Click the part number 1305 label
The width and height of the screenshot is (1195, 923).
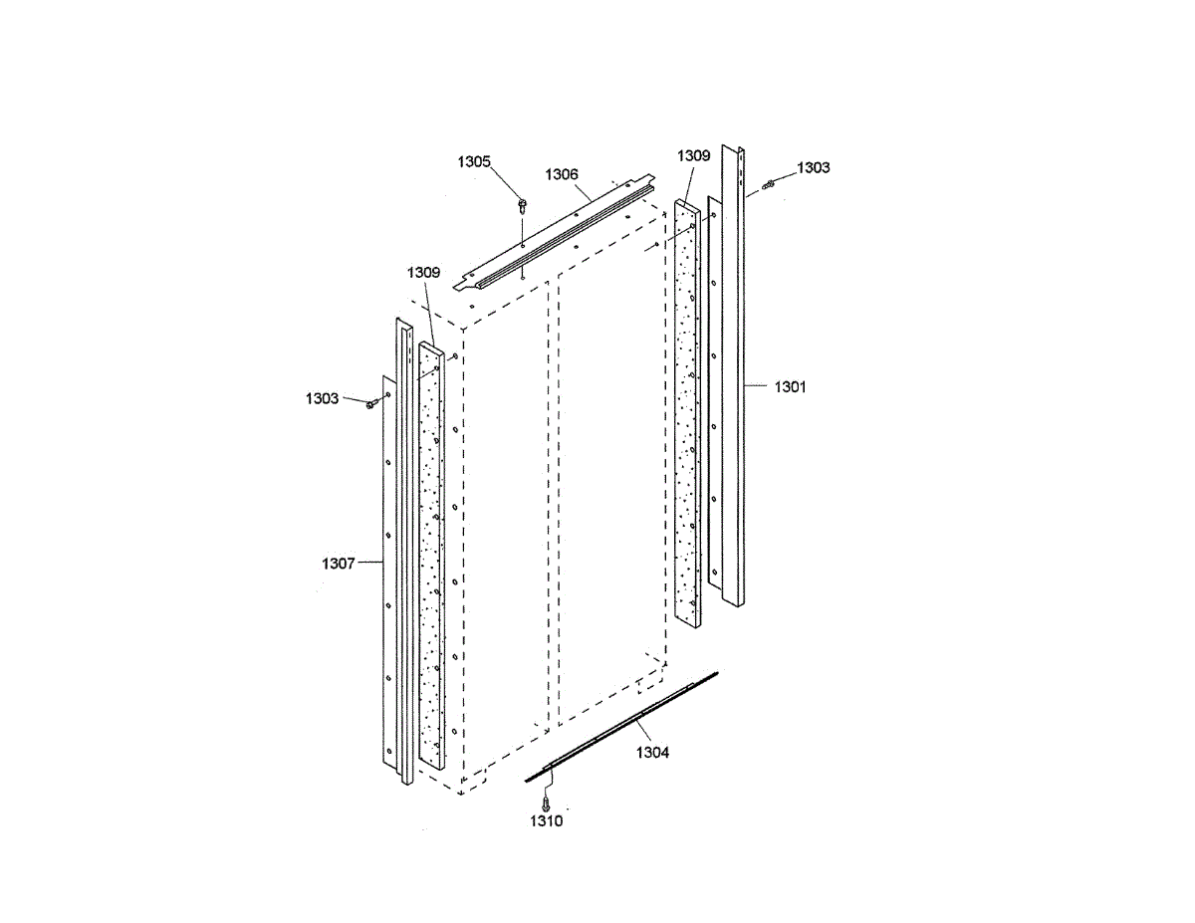pos(474,161)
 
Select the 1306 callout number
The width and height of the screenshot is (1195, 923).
pos(562,174)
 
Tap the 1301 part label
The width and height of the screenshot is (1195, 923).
pos(790,386)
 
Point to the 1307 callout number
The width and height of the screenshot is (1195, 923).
pos(339,564)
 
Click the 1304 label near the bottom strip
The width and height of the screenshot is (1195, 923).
pos(653,753)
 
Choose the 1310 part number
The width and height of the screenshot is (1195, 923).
pos(546,821)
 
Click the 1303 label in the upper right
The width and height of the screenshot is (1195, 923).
pos(813,168)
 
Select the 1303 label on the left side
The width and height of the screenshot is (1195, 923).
pos(322,398)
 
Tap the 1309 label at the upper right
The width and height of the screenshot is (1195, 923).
pos(694,156)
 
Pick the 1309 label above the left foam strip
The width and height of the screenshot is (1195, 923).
pos(423,272)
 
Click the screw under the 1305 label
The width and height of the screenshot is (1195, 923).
pos(522,205)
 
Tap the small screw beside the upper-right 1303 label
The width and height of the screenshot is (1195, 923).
pos(769,184)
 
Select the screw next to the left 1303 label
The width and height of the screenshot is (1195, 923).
pos(371,403)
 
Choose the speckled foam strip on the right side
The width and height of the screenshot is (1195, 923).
pos(687,418)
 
